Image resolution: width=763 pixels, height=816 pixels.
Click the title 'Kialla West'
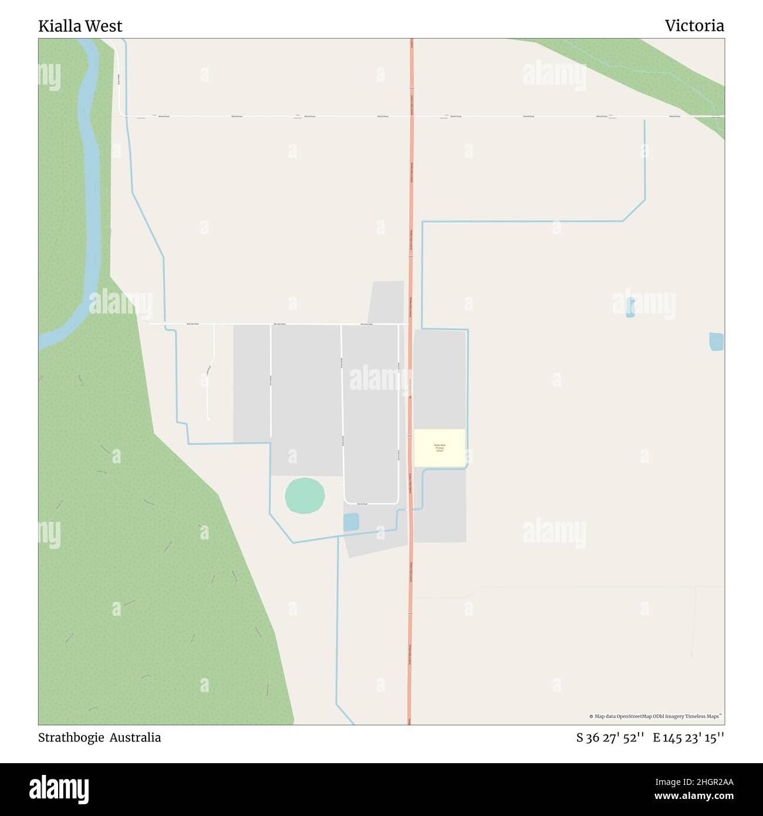(x=80, y=26)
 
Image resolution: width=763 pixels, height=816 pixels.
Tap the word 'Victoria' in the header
(x=694, y=26)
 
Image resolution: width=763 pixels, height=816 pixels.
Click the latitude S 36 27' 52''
(x=610, y=738)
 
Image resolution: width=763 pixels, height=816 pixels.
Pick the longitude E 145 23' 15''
(x=688, y=738)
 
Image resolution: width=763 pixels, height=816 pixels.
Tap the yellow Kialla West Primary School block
(x=440, y=448)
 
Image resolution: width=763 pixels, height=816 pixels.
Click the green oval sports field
(x=305, y=496)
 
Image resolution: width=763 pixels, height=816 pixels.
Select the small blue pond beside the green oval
(x=351, y=522)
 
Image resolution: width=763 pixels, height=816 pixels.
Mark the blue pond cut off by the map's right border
(x=716, y=342)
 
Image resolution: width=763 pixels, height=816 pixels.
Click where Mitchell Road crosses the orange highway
(x=411, y=116)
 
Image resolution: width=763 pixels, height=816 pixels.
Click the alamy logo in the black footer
(x=59, y=788)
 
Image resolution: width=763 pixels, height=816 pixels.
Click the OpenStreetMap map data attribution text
(x=655, y=716)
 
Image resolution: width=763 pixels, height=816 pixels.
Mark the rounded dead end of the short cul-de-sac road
(x=208, y=418)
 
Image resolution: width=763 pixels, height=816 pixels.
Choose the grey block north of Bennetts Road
(x=387, y=302)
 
